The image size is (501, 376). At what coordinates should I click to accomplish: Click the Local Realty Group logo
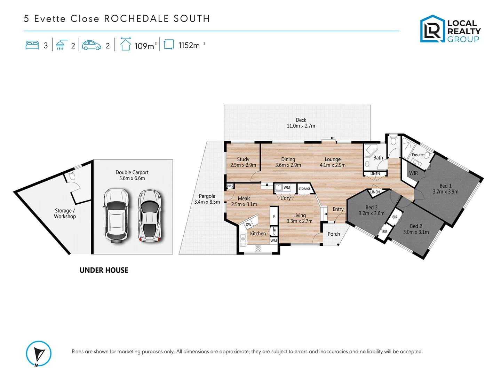click(450, 29)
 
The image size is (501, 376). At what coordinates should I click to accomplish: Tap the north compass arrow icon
click(39, 354)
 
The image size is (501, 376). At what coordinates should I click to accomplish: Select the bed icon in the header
click(32, 45)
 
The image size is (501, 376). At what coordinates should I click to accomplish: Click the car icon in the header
click(92, 45)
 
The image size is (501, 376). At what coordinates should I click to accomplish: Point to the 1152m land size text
click(189, 46)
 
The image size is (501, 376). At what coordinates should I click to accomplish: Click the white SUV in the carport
click(116, 216)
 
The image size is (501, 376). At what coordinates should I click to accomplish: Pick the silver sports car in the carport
click(150, 216)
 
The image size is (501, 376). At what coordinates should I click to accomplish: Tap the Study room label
click(243, 159)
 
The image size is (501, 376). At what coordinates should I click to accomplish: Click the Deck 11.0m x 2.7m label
click(301, 123)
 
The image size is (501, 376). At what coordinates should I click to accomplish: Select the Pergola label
click(207, 196)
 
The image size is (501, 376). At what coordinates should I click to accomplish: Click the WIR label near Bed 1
click(413, 173)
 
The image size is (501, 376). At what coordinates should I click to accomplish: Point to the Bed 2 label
click(416, 226)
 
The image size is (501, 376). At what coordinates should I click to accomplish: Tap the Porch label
click(334, 234)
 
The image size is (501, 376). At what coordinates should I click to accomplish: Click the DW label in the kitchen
click(248, 225)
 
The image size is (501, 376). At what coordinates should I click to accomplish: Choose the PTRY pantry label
click(274, 230)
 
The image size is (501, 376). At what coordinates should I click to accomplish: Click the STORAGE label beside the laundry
click(304, 189)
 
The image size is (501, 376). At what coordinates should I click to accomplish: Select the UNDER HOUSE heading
click(104, 270)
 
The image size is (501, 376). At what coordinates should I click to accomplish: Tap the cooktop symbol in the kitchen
click(258, 248)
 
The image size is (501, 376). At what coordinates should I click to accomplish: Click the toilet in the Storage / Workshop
click(72, 176)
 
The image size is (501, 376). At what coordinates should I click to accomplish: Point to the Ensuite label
click(417, 155)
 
